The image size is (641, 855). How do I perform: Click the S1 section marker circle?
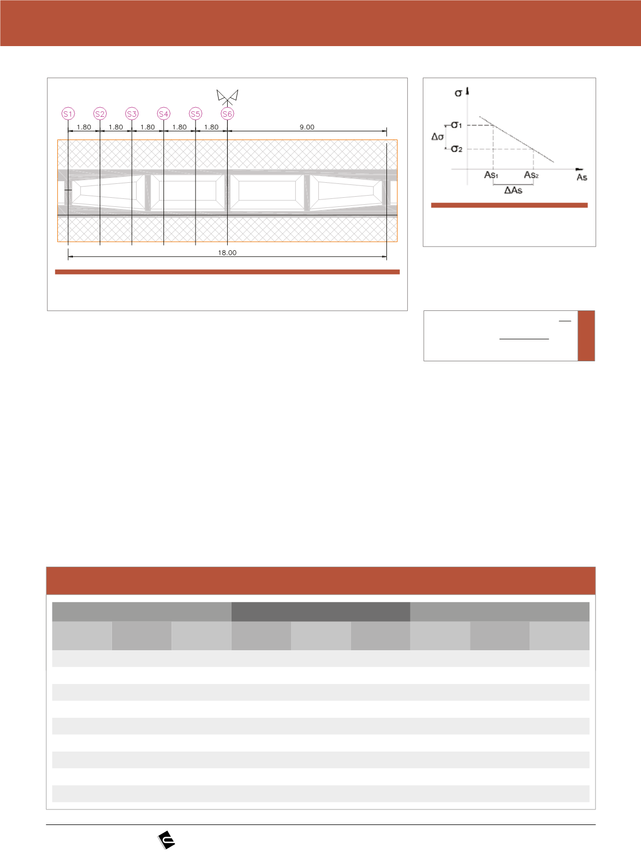click(x=68, y=114)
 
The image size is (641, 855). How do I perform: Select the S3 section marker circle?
click(x=132, y=114)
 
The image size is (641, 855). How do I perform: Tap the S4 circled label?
click(x=163, y=114)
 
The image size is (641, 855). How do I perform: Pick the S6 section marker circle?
click(x=227, y=114)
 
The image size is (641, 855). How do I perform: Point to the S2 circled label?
click(x=100, y=114)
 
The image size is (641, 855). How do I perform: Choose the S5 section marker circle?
click(x=196, y=114)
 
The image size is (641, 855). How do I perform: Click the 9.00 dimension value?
click(x=307, y=127)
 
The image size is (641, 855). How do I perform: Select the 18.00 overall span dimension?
click(x=227, y=252)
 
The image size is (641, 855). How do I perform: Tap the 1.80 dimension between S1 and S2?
click(x=84, y=127)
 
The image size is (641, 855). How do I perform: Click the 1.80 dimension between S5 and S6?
click(x=212, y=127)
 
